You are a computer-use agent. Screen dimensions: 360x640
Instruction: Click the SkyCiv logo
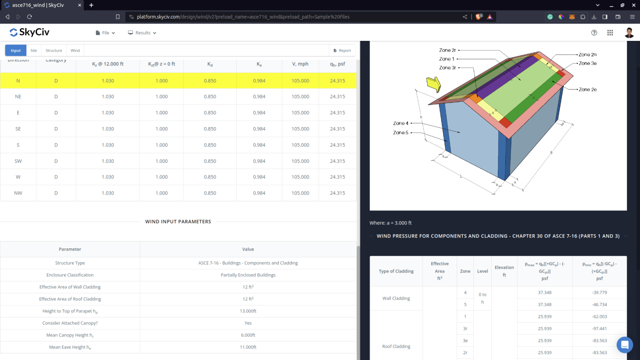point(29,32)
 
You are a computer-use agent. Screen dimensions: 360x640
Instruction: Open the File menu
point(105,33)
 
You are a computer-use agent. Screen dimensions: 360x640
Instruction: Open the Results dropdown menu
point(142,33)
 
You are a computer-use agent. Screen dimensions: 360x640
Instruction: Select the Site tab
point(34,50)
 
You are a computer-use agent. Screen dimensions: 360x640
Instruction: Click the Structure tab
point(54,50)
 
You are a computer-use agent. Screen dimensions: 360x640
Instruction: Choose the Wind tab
point(75,50)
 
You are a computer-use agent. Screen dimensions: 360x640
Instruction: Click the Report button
point(342,50)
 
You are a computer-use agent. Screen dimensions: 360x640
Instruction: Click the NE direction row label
point(18,97)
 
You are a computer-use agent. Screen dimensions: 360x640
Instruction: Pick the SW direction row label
point(18,161)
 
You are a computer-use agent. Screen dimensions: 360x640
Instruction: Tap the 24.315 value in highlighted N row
point(337,81)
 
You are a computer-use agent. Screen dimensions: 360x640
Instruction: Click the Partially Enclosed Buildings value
point(248,275)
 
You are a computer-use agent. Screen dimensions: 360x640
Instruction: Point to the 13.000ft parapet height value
point(248,311)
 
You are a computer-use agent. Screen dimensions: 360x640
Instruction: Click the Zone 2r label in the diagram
point(447,50)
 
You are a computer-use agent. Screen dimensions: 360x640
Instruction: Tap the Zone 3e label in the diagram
point(587,63)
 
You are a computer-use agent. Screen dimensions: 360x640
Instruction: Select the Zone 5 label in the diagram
point(400,133)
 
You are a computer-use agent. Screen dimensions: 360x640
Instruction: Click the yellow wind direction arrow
point(433,84)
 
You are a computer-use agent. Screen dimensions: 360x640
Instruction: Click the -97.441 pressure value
point(599,329)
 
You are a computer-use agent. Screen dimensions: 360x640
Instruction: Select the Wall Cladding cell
point(396,298)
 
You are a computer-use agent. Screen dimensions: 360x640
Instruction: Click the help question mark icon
point(594,33)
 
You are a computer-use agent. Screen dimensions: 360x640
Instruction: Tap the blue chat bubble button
point(625,345)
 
